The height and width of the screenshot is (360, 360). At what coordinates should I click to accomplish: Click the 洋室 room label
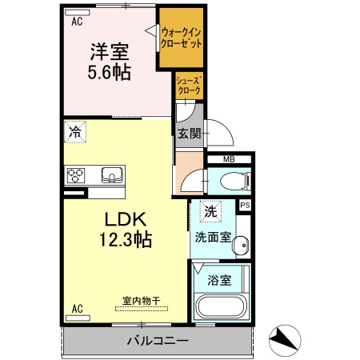pos(110,52)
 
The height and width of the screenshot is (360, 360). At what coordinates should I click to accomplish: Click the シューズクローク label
pos(189,86)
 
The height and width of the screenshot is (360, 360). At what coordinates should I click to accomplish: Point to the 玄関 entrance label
pos(189,133)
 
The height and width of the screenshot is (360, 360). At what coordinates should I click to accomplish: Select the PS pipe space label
pos(245,206)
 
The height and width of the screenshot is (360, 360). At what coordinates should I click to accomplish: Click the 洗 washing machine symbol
pos(210,213)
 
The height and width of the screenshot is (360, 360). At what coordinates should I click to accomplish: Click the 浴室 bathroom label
pos(220,281)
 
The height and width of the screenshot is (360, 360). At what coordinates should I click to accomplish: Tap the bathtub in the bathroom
pos(222,308)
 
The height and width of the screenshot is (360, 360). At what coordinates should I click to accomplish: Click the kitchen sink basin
pos(110,174)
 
